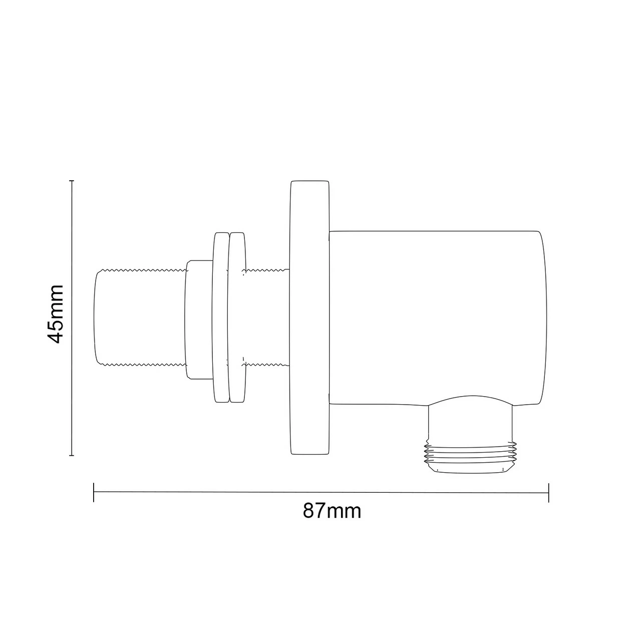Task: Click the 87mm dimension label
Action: [332, 511]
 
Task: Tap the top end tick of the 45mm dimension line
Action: [72, 181]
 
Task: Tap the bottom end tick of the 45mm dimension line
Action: [72, 455]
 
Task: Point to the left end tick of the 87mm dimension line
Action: [94, 492]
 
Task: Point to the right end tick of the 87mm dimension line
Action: [549, 492]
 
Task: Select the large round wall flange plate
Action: [309, 318]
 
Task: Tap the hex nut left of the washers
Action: [199, 319]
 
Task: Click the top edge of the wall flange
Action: [309, 181]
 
